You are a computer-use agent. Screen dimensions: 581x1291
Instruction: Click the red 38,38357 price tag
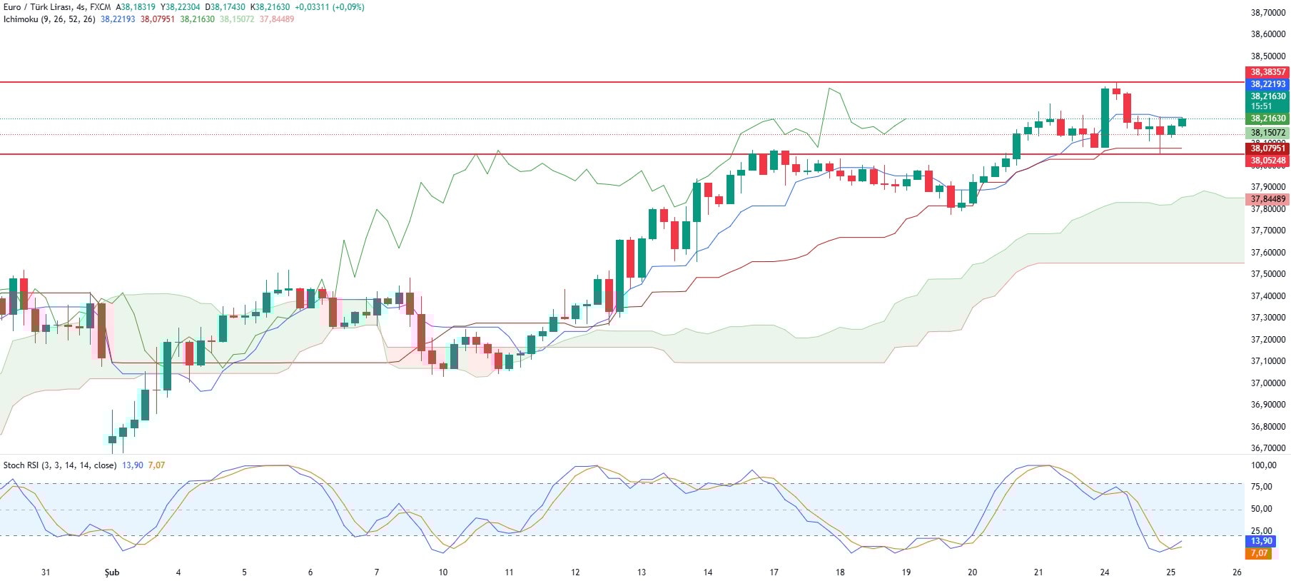tap(1267, 72)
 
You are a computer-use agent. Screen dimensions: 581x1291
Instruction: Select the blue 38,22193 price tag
tap(1267, 84)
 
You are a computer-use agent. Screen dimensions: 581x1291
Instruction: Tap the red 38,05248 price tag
tap(1267, 161)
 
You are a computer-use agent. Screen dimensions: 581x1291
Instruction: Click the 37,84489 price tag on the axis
tap(1267, 199)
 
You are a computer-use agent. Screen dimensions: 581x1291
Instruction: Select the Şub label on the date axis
tap(112, 572)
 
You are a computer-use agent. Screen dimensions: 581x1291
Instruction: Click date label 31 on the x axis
tap(46, 572)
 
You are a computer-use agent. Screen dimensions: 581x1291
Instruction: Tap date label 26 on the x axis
tap(1237, 572)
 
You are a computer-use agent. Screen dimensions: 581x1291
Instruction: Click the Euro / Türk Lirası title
tap(36, 7)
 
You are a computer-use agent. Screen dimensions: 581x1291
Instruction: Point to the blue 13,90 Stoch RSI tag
tap(1261, 541)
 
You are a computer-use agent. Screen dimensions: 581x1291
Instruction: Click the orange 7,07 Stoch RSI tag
tap(1258, 553)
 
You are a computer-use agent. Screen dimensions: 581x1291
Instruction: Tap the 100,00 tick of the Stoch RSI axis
tap(1263, 465)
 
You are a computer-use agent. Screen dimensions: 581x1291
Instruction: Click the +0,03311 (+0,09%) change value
tap(329, 7)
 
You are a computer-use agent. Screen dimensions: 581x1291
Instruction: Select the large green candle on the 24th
tap(1105, 118)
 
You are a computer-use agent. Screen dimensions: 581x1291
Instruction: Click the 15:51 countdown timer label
tap(1261, 106)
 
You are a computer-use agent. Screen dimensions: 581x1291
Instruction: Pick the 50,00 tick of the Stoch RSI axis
tap(1262, 509)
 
